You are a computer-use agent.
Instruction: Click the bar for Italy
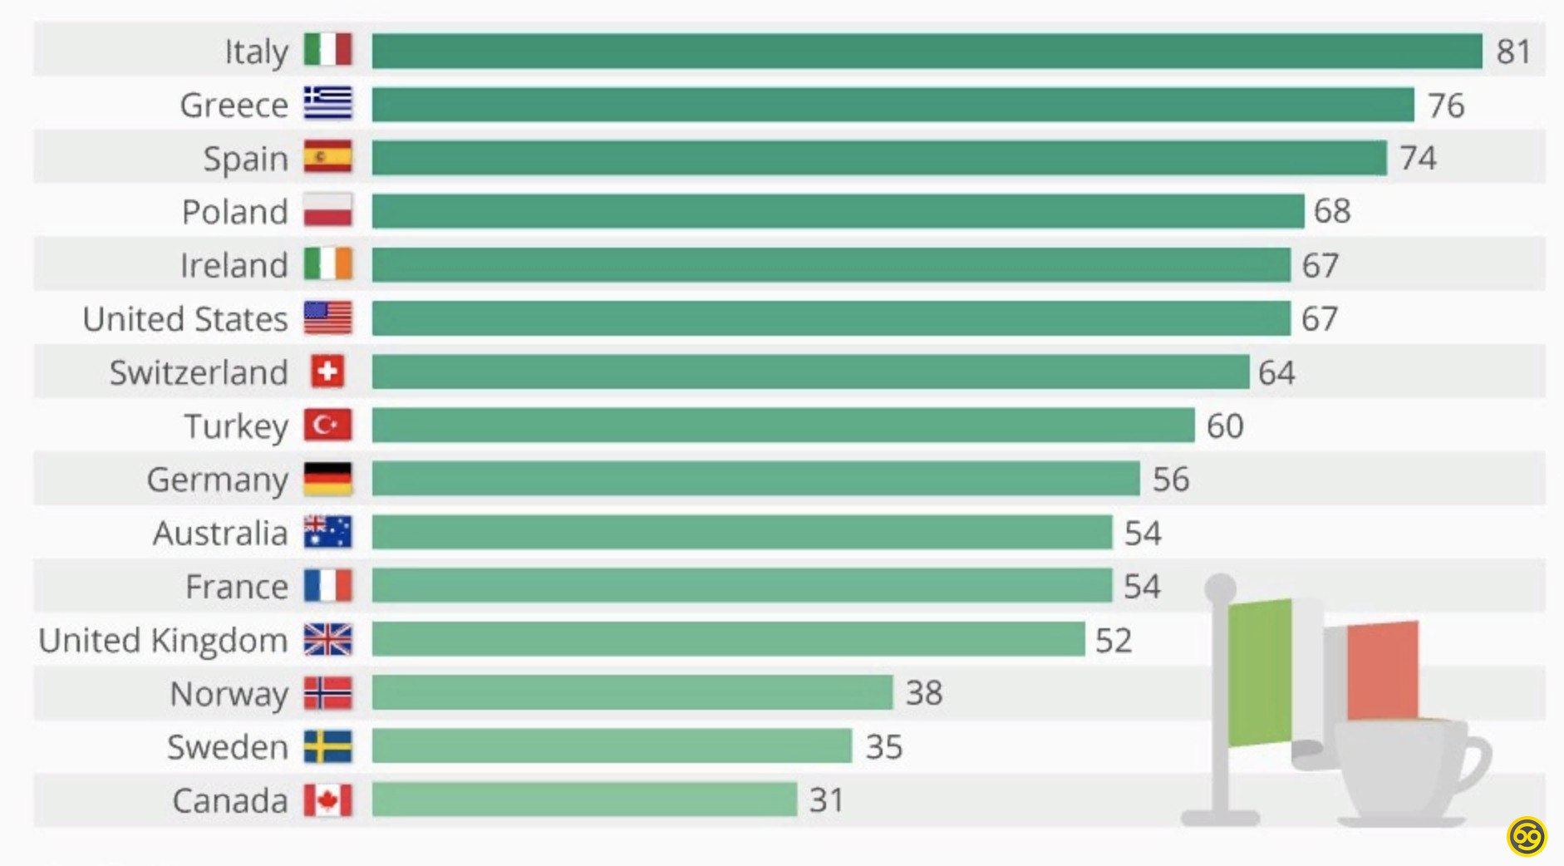pos(927,52)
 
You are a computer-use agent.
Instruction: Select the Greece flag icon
pos(327,104)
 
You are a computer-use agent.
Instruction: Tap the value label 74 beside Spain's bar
pos(1418,158)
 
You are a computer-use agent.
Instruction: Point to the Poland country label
pos(235,212)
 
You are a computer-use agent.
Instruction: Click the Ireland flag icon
pos(327,264)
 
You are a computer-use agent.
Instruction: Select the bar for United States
pos(831,318)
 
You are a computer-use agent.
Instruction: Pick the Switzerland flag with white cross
pos(327,371)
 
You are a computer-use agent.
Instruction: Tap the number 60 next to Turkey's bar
pos(1225,426)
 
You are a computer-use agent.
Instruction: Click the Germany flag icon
pos(327,479)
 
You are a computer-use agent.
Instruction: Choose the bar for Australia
pos(741,533)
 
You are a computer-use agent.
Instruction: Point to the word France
pos(237,587)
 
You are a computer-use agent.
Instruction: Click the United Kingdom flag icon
pos(327,640)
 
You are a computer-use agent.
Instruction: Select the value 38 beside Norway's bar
pos(924,693)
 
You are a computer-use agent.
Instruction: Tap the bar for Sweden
pos(612,746)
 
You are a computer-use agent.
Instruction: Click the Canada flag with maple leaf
pos(327,800)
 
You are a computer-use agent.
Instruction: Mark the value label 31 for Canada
pos(827,800)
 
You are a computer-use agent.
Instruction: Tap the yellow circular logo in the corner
pos(1527,836)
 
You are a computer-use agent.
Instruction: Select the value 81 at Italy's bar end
pos(1513,52)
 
